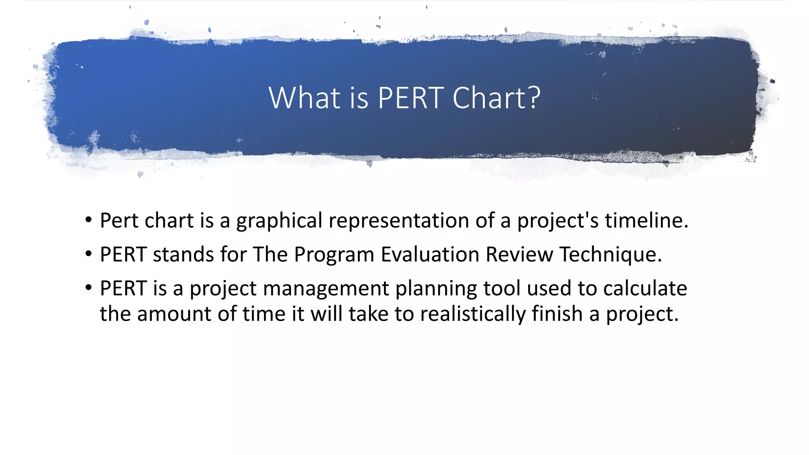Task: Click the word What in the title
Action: click(304, 98)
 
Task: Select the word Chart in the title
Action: click(489, 98)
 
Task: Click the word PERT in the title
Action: click(410, 98)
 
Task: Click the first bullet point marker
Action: click(88, 220)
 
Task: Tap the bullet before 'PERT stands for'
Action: click(88, 254)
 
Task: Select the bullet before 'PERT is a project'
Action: click(88, 288)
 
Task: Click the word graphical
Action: click(279, 221)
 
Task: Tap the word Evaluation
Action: click(430, 254)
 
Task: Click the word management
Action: click(326, 289)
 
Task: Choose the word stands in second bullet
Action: click(183, 254)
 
